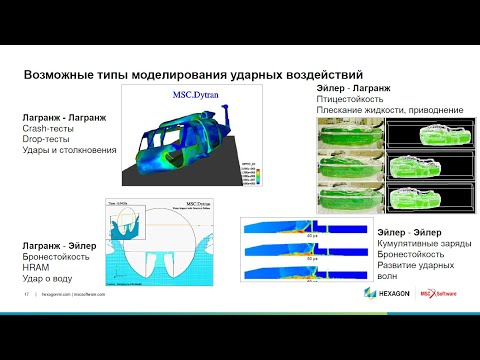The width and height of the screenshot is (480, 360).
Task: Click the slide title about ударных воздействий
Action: [193, 74]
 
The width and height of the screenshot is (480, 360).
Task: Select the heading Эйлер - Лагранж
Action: [346, 88]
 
